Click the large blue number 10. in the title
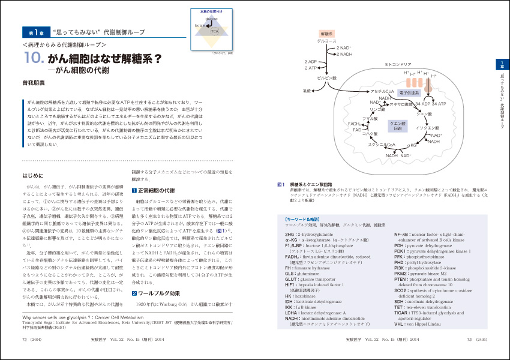[x=35, y=59]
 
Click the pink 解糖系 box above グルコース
[x=327, y=34]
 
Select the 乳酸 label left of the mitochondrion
[x=307, y=91]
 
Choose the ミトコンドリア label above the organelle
[x=397, y=63]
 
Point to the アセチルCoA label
[x=382, y=92]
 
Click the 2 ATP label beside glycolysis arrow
[x=311, y=68]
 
